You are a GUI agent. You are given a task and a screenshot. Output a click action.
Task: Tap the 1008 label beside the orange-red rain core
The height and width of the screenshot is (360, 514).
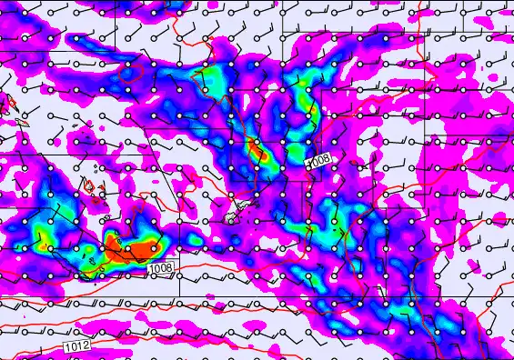[160, 267]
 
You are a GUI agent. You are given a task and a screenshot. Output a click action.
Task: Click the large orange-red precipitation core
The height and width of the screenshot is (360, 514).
[132, 246]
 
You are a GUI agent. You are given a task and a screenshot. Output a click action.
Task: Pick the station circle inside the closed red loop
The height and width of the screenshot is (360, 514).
[128, 68]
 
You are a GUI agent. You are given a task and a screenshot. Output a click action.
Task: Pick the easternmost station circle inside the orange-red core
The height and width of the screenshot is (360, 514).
[154, 247]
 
